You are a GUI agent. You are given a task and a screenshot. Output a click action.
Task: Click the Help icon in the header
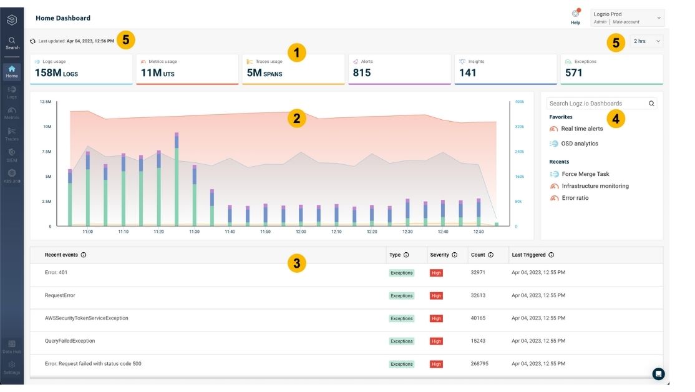575,14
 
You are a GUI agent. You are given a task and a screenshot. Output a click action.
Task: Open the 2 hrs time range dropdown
646,41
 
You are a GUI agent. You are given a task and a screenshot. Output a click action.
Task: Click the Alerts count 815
362,73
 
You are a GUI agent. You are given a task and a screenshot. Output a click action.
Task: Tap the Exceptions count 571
573,73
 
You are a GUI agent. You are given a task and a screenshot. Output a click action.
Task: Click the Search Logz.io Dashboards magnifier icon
651,104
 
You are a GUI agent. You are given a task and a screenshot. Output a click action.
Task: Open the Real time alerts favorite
581,129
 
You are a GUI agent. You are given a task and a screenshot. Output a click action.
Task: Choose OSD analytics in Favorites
579,144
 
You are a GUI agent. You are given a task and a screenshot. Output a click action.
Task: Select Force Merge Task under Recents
585,174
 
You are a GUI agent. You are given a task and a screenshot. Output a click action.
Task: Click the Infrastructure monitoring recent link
595,186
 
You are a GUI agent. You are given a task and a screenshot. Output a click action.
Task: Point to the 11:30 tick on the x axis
195,232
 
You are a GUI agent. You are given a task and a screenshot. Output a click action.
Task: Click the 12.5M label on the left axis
46,101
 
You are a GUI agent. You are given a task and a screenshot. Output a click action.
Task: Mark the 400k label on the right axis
520,101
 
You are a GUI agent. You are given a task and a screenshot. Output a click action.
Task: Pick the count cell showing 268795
480,364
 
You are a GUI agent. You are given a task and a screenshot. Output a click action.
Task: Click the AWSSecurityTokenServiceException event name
86,318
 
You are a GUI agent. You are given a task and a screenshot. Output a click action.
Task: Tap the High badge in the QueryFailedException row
436,341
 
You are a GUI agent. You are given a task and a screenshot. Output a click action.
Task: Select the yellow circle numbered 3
296,263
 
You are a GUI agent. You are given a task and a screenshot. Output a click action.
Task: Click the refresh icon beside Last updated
33,41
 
